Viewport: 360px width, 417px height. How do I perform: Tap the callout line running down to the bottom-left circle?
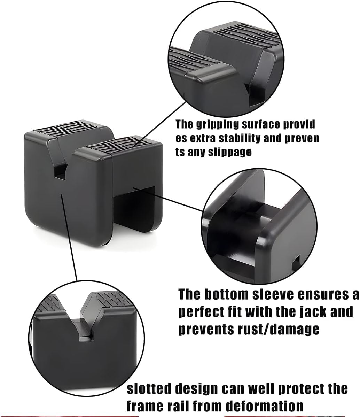click(70, 237)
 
